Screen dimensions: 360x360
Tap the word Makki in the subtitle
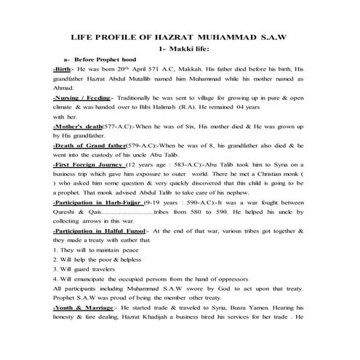coord(182,47)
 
